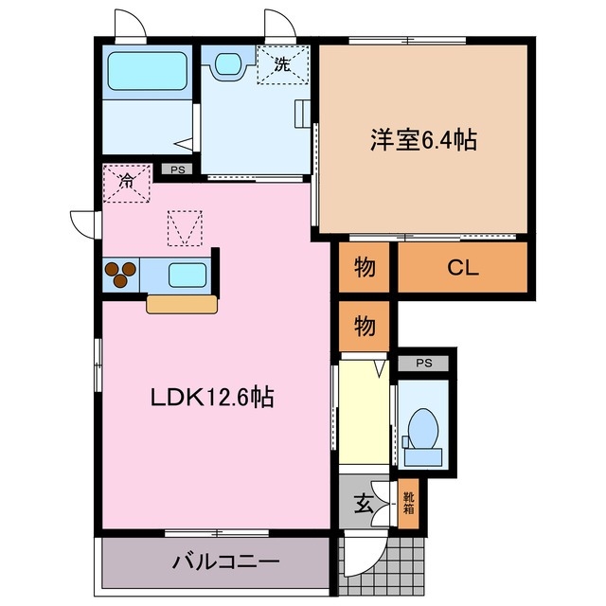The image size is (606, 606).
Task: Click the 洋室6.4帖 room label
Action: click(x=422, y=140)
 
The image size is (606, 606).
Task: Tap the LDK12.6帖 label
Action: click(x=212, y=399)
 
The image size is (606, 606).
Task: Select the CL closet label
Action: click(x=463, y=268)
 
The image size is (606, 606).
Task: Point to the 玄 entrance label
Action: click(x=364, y=504)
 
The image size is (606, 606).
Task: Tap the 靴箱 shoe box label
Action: click(x=408, y=503)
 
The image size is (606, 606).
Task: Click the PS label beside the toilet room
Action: click(x=424, y=363)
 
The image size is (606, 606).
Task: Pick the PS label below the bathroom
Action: click(x=177, y=170)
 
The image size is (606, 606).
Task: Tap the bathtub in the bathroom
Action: click(x=147, y=70)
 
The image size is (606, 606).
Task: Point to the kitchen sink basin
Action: click(x=187, y=276)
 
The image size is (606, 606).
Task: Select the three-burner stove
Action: click(x=120, y=275)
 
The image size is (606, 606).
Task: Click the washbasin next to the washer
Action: click(x=227, y=64)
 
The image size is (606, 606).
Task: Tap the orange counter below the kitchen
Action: click(x=182, y=304)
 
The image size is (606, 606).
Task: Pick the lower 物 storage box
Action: click(x=365, y=327)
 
